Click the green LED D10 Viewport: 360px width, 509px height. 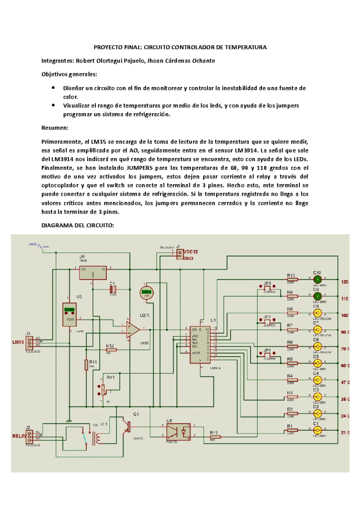click(317, 280)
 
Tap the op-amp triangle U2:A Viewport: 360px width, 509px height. click(133, 330)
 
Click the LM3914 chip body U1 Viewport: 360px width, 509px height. click(200, 344)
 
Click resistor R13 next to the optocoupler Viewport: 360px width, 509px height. click(215, 437)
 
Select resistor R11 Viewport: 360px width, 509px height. click(86, 365)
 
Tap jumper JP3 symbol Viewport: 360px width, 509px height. click(267, 287)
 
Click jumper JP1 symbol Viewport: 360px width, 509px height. click(267, 354)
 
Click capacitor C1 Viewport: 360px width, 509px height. click(113, 289)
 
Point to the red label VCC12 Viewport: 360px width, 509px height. click(191, 252)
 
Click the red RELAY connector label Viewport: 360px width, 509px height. click(19, 436)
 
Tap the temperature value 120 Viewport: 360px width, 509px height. click(345, 282)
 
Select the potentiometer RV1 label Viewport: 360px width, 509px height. click(110, 377)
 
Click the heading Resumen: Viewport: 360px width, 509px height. click(55, 128)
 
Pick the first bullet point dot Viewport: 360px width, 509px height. click(53, 88)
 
